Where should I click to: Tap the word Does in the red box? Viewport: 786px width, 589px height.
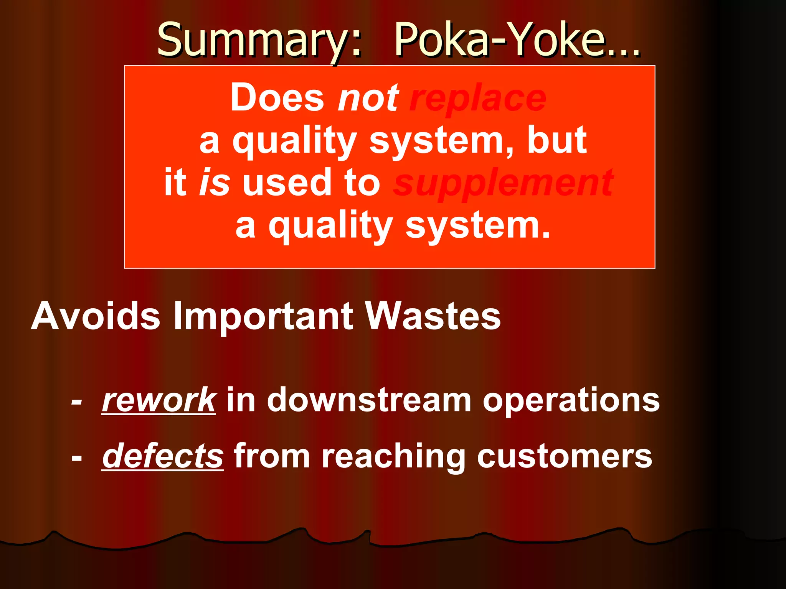277,98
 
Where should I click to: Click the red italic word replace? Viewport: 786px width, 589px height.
477,99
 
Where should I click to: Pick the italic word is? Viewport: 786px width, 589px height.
215,183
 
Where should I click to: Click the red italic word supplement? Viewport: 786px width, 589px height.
503,183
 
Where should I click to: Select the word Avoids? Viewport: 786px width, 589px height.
96,316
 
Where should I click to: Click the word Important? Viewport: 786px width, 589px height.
263,316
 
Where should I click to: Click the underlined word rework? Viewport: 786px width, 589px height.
159,400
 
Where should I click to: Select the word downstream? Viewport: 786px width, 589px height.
369,400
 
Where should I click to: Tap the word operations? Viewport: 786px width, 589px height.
571,400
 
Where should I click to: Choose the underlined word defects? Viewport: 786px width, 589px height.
163,456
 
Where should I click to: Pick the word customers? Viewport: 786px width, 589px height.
564,456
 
